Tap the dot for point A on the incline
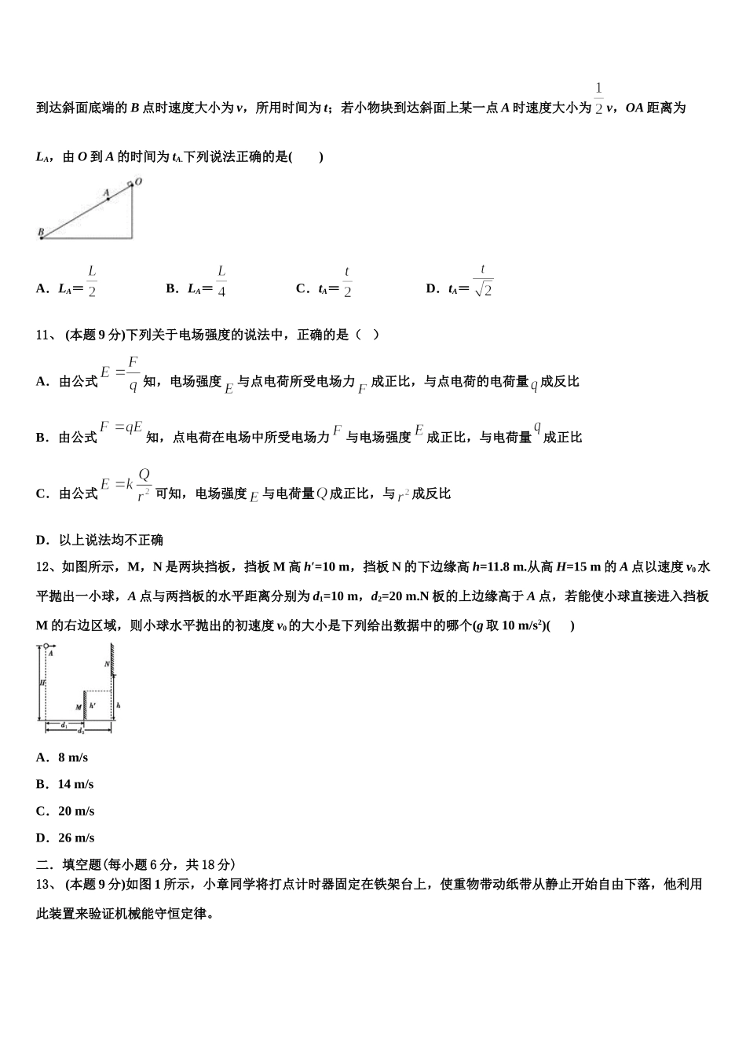108,199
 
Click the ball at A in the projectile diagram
45,646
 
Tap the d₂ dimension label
81,731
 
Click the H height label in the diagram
40,683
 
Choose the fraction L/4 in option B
221,281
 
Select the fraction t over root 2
483,280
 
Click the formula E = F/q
120,373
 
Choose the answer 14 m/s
75,784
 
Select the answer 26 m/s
75,838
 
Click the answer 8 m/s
73,757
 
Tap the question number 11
44,335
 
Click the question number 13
44,884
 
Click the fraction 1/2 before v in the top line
598,98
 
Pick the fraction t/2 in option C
347,281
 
